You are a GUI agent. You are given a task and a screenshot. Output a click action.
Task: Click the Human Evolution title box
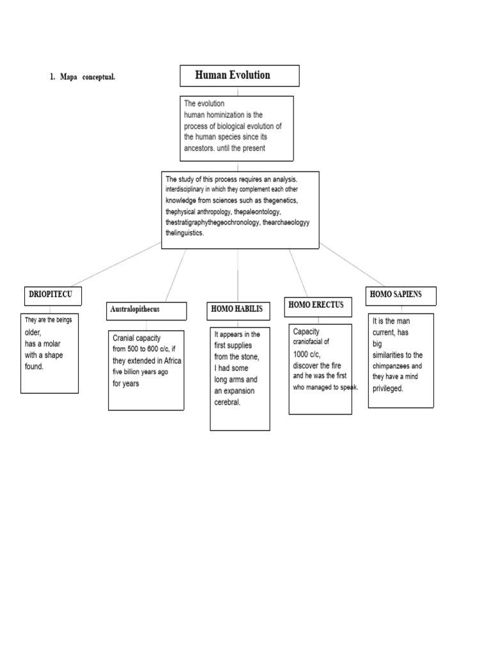pyautogui.click(x=240, y=75)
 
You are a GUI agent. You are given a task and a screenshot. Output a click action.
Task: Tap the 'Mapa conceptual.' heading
pyautogui.click(x=88, y=77)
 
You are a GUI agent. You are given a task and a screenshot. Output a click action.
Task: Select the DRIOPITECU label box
pyautogui.click(x=53, y=296)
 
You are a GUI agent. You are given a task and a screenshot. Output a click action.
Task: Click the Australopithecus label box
pyautogui.click(x=146, y=312)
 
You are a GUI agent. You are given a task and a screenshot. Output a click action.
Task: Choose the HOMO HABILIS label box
pyautogui.click(x=238, y=312)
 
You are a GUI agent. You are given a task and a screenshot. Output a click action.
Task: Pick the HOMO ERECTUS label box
pyautogui.click(x=318, y=307)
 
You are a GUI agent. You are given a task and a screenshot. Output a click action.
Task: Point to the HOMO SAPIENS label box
pyautogui.click(x=401, y=296)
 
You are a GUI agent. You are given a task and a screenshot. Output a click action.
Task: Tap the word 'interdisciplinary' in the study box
pyautogui.click(x=185, y=189)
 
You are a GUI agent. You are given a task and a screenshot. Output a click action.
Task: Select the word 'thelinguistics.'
pyautogui.click(x=185, y=233)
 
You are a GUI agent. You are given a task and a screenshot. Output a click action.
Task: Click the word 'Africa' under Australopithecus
pyautogui.click(x=173, y=361)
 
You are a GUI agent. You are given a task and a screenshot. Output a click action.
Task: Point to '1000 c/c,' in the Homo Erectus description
pyautogui.click(x=307, y=354)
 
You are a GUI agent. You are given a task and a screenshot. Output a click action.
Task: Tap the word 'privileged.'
pyautogui.click(x=388, y=388)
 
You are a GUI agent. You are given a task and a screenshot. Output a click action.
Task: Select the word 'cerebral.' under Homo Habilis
pyautogui.click(x=227, y=402)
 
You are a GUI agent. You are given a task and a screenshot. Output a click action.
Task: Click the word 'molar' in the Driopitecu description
pyautogui.click(x=51, y=343)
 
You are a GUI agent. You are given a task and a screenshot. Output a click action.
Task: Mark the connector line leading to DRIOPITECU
pyautogui.click(x=116, y=264)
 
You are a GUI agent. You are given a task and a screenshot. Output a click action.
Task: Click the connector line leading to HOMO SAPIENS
pyautogui.click(x=352, y=264)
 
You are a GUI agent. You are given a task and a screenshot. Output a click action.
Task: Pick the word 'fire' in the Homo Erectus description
pyautogui.click(x=336, y=365)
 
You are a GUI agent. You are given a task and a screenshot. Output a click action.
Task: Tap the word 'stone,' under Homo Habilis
pyautogui.click(x=249, y=357)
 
